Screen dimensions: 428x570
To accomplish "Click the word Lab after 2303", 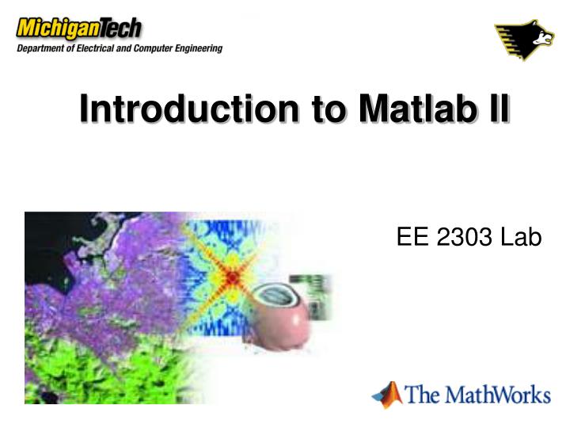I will (520, 236).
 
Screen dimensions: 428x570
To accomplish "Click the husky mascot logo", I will (525, 40).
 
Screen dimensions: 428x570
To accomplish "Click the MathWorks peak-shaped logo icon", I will (387, 394).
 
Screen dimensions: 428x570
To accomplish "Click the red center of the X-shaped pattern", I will (232, 278).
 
